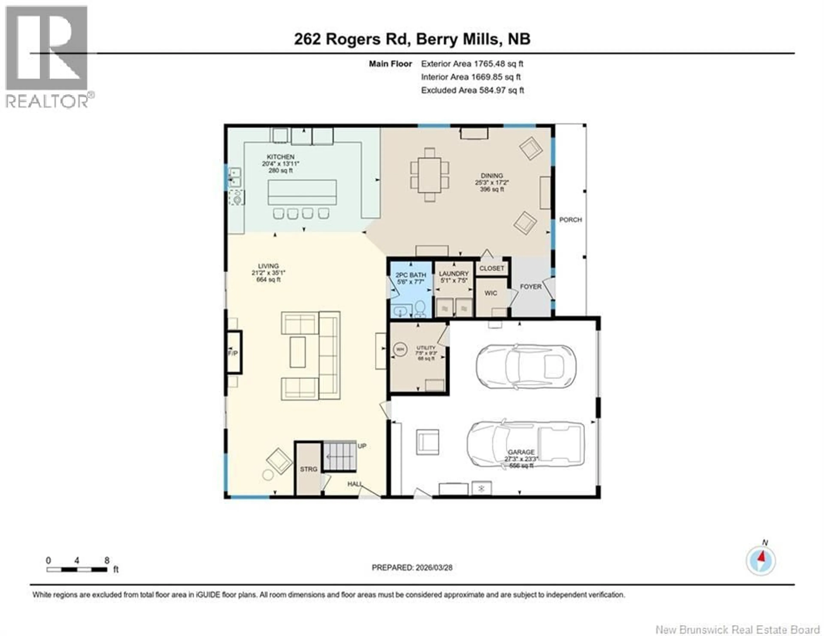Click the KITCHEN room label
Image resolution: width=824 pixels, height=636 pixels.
coord(280,157)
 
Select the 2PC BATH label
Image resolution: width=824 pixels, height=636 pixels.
coord(410,275)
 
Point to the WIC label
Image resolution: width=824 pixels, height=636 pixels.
coord(491,293)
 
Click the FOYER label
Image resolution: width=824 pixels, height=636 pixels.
coord(530,287)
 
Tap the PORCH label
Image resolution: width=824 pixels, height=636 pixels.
coord(570,220)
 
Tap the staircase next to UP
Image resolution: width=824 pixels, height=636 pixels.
coord(339,456)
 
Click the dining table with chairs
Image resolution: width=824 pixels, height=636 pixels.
coord(429,175)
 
